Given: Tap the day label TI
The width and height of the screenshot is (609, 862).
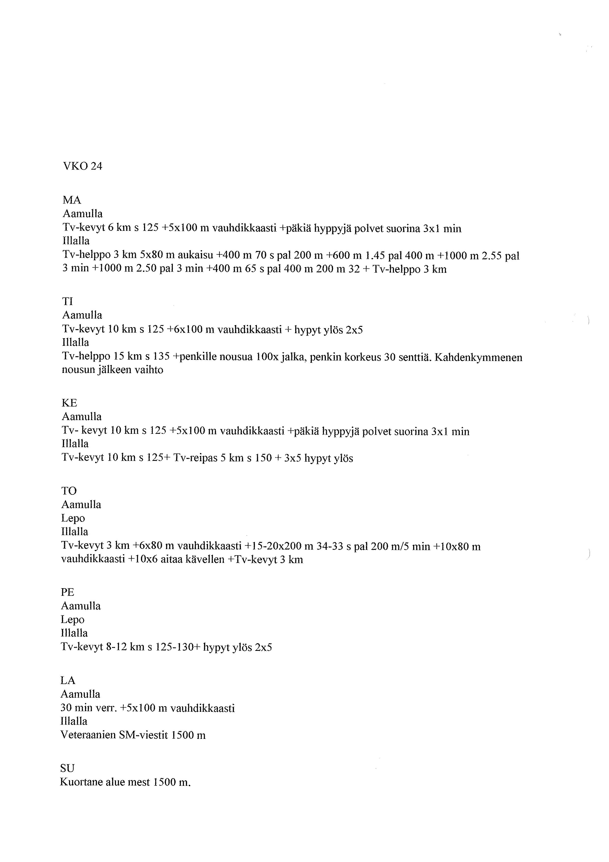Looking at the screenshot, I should (x=68, y=302).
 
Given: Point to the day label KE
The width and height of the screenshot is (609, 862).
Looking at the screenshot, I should (x=69, y=403).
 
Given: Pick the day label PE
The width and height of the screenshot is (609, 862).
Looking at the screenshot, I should (x=68, y=592).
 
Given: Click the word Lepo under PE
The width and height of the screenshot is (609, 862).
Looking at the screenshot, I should (x=73, y=619).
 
